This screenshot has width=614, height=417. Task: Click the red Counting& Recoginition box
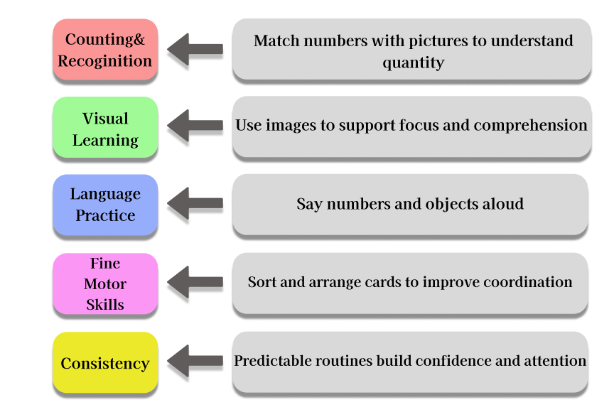point(105,50)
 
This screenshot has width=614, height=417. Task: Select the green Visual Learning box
point(105,129)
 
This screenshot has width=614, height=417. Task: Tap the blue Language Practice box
point(105,205)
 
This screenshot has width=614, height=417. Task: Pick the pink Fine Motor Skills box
point(105,284)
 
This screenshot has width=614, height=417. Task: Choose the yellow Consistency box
point(105,363)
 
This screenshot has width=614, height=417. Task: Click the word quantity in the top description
point(413,63)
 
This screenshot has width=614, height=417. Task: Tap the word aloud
point(502,205)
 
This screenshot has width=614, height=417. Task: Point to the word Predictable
point(274,361)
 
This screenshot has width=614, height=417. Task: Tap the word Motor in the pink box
point(105,284)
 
